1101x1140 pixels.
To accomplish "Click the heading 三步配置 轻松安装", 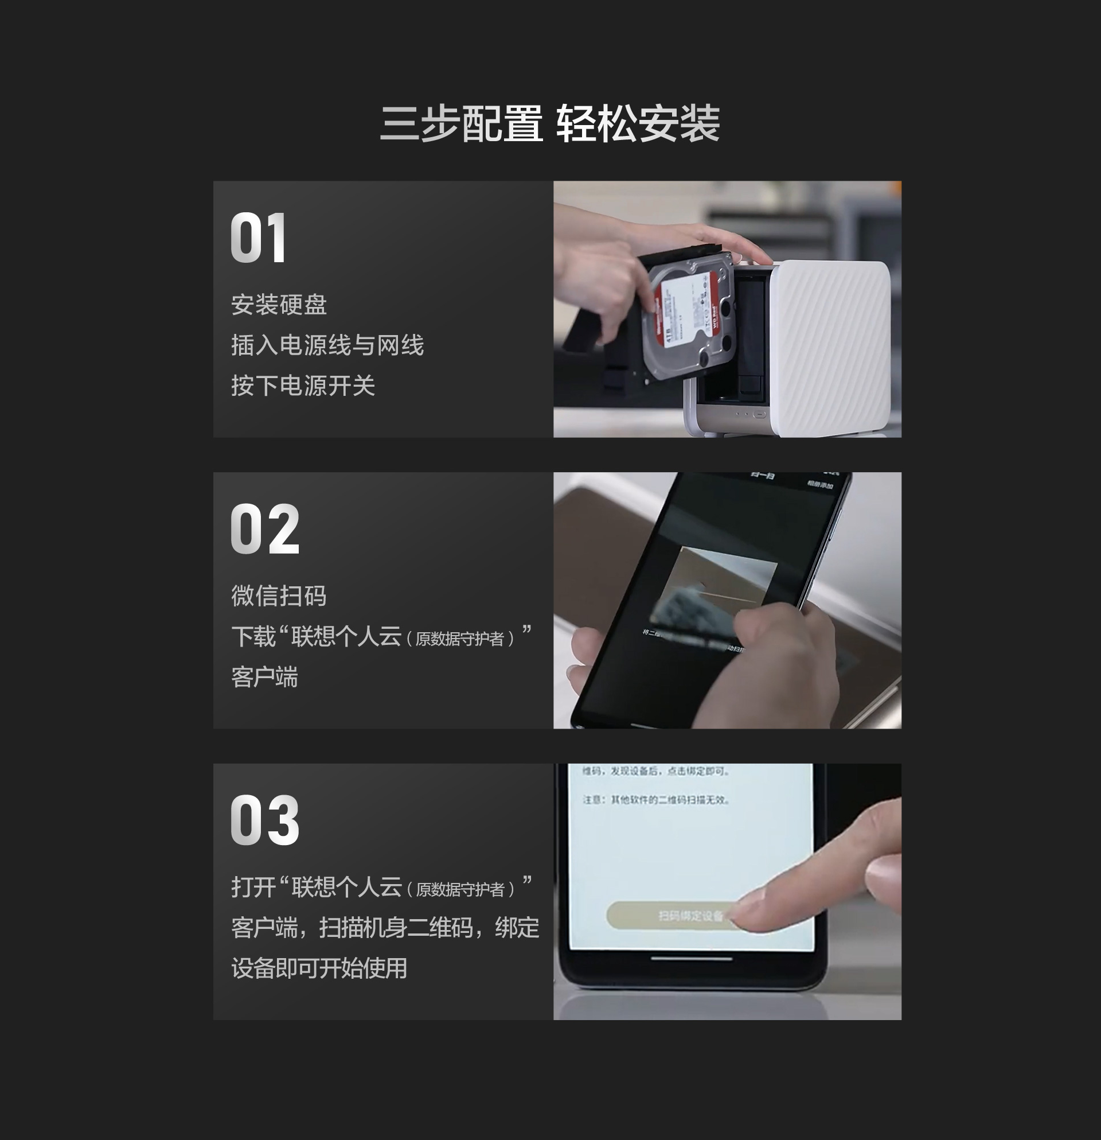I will pos(550,123).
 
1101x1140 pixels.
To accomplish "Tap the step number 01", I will pos(258,238).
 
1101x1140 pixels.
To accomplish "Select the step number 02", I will pos(265,529).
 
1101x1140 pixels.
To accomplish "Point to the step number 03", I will pos(265,820).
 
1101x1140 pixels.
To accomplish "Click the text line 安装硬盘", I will pos(279,305).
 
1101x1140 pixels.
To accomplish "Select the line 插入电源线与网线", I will pos(327,345).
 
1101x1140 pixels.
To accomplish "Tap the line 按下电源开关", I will pos(303,386).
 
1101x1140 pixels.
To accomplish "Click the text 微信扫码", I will pos(279,596).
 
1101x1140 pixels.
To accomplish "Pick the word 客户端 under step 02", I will pos(264,677).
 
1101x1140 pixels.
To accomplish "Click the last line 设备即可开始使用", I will pos(319,968).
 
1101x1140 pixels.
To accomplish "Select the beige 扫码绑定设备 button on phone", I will pos(669,916).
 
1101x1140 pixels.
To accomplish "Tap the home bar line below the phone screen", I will pos(691,959).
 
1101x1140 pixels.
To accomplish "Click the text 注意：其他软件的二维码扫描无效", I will pos(655,800).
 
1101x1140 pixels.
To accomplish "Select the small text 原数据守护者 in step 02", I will pos(460,639).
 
